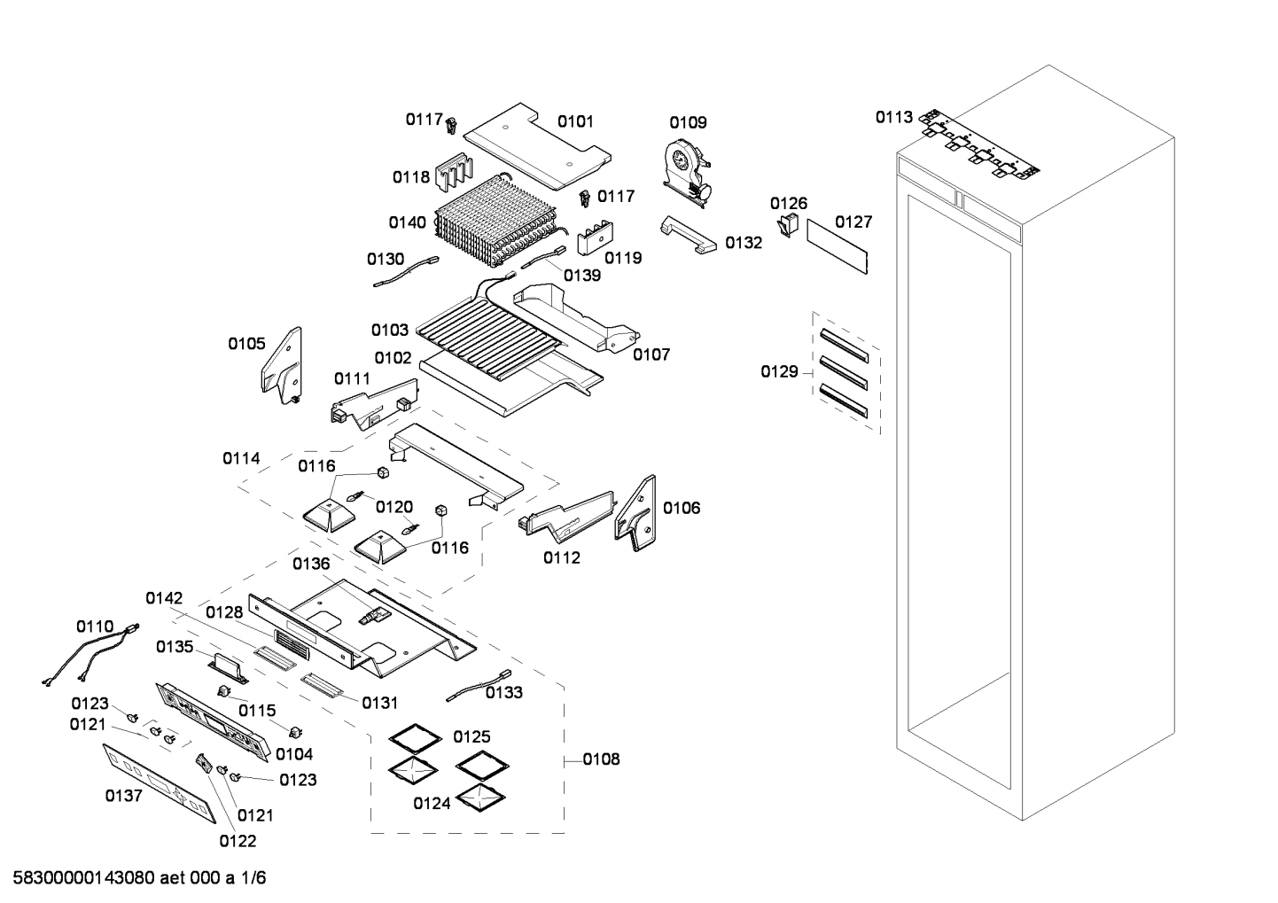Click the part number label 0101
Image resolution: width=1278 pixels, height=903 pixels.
(575, 121)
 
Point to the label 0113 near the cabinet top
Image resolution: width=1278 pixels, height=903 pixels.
(893, 117)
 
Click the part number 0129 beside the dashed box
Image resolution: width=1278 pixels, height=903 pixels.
(779, 372)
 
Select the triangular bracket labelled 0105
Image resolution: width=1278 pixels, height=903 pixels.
(283, 364)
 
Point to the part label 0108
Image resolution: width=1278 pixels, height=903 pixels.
(601, 759)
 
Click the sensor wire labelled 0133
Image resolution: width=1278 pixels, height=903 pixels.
(479, 684)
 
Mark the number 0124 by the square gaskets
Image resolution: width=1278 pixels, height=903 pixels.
(432, 804)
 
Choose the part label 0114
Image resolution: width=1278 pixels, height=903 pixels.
(241, 458)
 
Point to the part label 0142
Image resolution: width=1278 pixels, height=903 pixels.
(164, 598)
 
